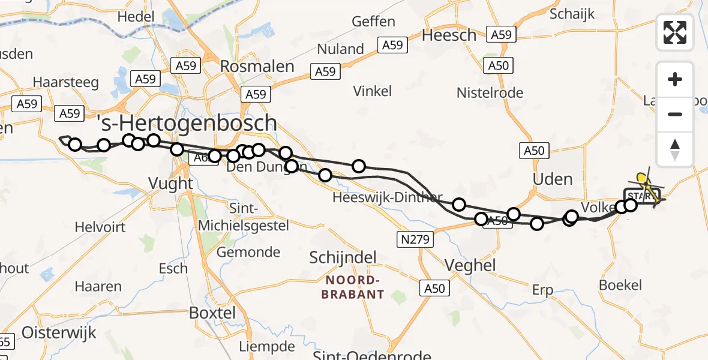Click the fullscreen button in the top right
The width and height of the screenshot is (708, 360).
tap(675, 32)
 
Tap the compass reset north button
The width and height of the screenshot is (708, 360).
tap(675, 149)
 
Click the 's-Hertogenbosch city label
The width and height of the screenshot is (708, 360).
tap(187, 124)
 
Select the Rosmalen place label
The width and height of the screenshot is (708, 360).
tap(257, 67)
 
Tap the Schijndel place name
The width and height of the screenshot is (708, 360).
tap(343, 258)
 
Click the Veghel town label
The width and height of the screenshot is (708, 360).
tap(470, 265)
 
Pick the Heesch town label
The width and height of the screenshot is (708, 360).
tap(449, 35)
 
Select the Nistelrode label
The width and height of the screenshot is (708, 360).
tap(490, 93)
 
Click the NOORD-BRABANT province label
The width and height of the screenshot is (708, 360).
tap(353, 287)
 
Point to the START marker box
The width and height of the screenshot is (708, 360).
tap(641, 196)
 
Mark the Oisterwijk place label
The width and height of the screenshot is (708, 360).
tap(59, 333)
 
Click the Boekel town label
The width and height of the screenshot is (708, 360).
tap(620, 286)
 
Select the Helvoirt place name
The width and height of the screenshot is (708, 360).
tap(100, 227)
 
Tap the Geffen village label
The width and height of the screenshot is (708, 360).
tap(373, 22)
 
